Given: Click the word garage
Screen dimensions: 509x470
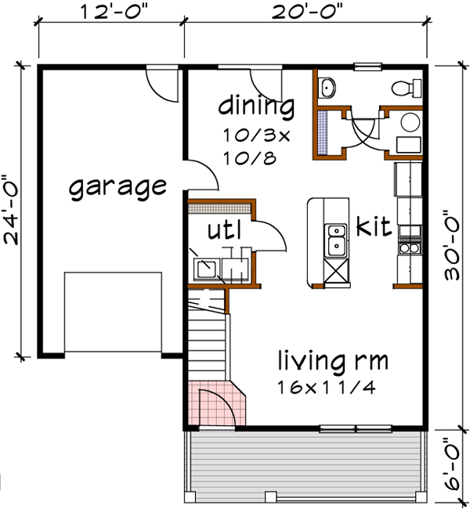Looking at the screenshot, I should click(x=117, y=187).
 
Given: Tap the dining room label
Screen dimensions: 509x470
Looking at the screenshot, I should click(x=256, y=105).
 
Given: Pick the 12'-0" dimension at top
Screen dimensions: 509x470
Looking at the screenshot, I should click(x=112, y=12).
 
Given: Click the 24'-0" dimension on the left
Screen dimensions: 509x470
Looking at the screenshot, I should click(x=13, y=208).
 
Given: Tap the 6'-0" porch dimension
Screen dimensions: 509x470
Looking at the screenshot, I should click(x=452, y=467).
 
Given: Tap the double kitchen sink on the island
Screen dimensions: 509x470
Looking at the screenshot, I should click(x=337, y=240).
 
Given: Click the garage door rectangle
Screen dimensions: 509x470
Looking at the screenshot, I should click(x=113, y=312).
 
